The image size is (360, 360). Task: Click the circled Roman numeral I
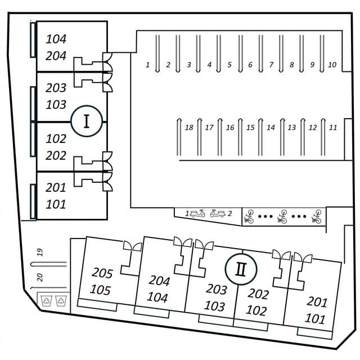[86, 121]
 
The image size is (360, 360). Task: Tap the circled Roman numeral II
[241, 268]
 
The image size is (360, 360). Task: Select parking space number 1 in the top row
[148, 65]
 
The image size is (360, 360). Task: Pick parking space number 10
[332, 65]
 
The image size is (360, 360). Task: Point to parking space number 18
[189, 128]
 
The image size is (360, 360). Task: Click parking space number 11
[333, 128]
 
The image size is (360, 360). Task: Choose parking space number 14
[271, 128]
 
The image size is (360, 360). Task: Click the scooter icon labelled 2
[218, 213]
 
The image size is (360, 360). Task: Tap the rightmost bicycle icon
[317, 216]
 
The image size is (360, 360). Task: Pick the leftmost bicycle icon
[249, 216]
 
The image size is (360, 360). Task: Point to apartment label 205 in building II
[102, 274]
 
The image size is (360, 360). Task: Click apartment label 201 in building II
[317, 301]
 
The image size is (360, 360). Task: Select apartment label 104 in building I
[56, 39]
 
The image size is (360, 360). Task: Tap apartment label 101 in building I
[56, 204]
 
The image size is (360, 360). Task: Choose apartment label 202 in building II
[258, 294]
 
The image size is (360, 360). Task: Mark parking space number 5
[229, 65]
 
